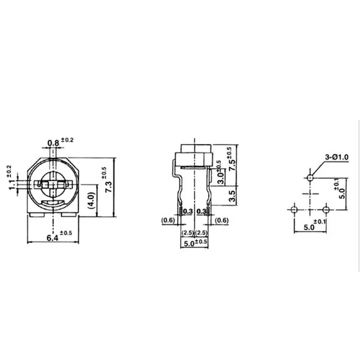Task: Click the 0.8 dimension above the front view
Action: click(53, 143)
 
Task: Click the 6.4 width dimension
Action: click(52, 238)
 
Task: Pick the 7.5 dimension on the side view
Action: click(230, 166)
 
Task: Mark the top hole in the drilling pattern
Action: click(309, 177)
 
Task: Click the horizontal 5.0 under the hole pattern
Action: click(305, 228)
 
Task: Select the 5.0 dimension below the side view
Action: click(187, 243)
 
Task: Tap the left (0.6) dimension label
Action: click(168, 220)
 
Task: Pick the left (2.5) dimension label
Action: click(187, 232)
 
